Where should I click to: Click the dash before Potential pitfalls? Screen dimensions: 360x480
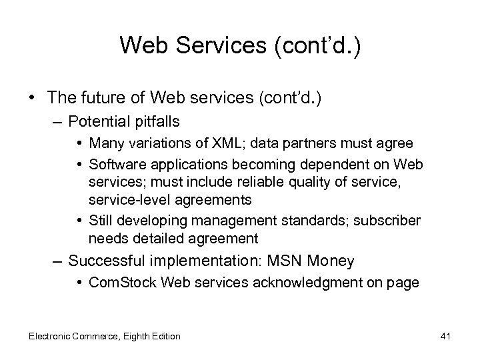coord(58,121)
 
